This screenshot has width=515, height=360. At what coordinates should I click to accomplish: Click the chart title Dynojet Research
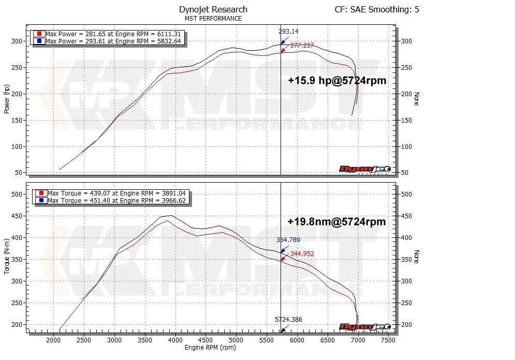click(x=213, y=9)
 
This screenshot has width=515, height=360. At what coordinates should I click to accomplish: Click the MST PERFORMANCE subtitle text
click(x=213, y=19)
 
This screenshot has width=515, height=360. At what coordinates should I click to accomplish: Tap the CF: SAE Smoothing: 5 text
click(x=377, y=9)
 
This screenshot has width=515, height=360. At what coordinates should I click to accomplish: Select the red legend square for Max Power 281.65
click(x=39, y=34)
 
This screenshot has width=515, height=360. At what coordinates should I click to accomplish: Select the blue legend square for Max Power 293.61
click(x=39, y=40)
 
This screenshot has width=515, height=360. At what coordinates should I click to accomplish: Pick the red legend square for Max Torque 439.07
click(x=41, y=193)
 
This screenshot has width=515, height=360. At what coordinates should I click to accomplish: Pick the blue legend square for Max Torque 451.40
click(x=41, y=200)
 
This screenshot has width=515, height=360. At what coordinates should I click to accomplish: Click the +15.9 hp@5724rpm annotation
click(x=337, y=81)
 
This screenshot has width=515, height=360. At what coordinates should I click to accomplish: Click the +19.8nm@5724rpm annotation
click(x=336, y=221)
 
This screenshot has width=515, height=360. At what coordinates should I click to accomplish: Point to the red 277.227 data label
click(x=302, y=46)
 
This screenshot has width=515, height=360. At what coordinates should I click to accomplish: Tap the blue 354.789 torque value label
click(x=288, y=240)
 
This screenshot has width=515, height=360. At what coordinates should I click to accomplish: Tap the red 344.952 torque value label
click(x=302, y=253)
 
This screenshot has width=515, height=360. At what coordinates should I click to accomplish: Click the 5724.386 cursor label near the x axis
click(x=288, y=320)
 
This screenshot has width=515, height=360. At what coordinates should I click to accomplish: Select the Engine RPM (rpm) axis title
click(x=211, y=348)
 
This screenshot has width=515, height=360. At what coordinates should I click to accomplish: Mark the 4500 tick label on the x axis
click(x=205, y=340)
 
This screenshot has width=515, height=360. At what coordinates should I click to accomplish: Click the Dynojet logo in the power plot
click(x=364, y=170)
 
